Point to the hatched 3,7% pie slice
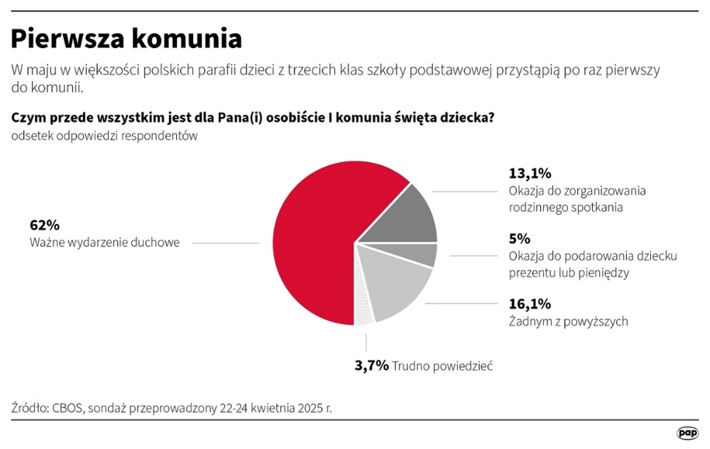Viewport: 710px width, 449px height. (363, 310)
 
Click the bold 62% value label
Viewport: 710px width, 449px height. (44, 225)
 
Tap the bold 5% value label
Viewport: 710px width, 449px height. (519, 239)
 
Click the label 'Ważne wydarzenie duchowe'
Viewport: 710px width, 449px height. (104, 243)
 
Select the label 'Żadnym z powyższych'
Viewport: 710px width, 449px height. (568, 321)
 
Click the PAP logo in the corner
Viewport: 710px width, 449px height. (687, 433)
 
